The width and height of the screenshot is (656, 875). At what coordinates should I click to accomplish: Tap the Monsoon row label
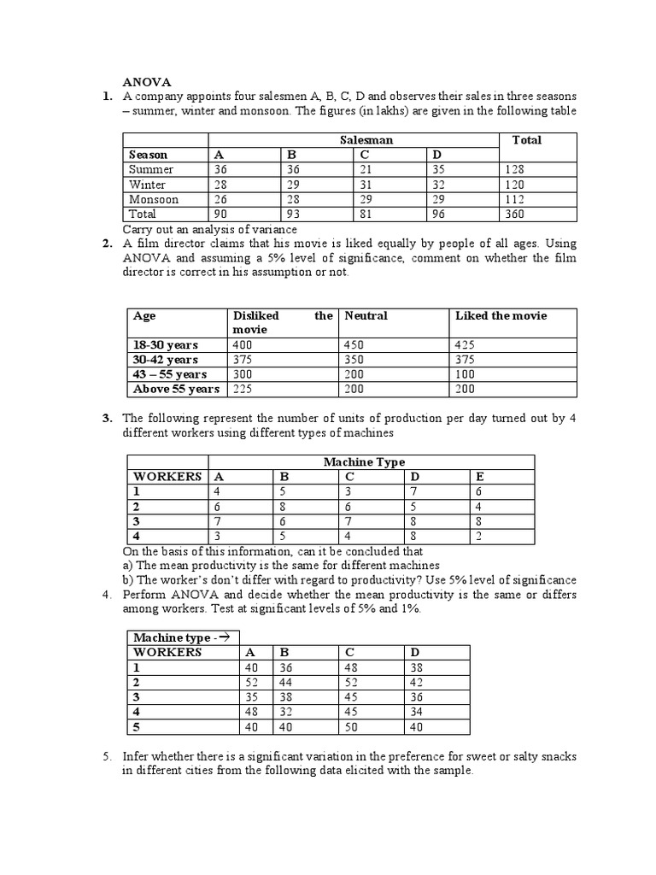point(154,200)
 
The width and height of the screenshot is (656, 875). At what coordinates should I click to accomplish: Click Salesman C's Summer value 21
point(366,170)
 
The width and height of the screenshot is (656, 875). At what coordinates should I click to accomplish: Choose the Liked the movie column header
point(501,316)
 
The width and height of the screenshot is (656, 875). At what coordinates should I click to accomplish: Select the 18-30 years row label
point(166,345)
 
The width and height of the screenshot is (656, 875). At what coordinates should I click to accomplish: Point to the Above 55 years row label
point(176,390)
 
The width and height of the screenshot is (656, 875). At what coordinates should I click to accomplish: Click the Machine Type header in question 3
point(364,462)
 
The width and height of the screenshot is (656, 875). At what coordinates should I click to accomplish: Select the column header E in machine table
point(478,477)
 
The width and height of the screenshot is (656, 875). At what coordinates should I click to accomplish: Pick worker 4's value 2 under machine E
point(478,537)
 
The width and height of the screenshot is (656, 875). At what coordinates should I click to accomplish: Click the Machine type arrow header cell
point(182,637)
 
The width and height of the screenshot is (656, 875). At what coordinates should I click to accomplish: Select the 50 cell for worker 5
point(351,727)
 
